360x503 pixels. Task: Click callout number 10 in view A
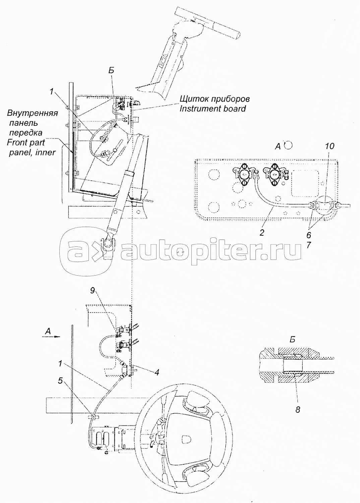329,146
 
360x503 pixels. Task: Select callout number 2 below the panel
262,233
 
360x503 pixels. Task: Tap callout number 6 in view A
309,235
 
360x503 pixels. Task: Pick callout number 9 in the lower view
93,291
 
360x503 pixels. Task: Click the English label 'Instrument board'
213,109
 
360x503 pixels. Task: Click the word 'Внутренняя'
32,113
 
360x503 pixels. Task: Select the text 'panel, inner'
32,153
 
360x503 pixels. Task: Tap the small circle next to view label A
288,146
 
